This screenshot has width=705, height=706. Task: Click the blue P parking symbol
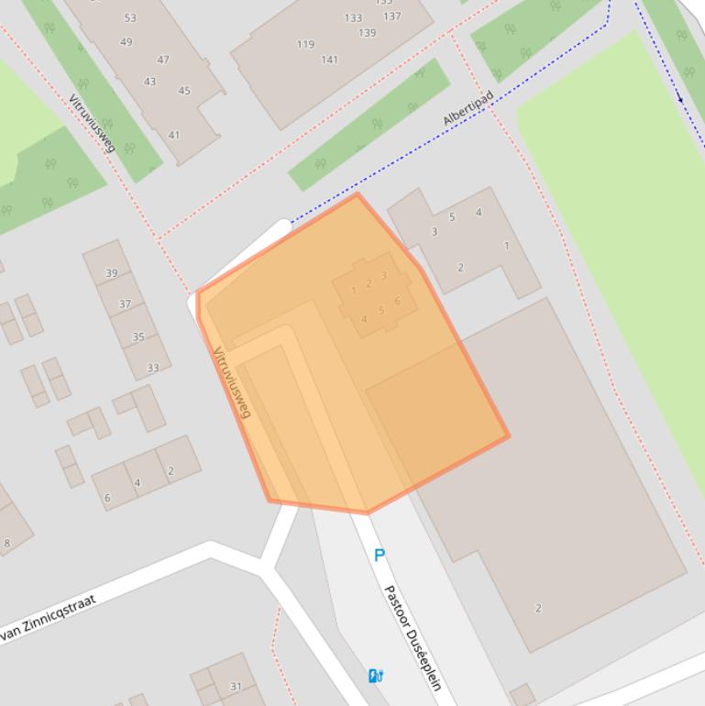380,556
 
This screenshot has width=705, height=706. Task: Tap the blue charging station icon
375,676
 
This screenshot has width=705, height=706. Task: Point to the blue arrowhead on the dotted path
680,96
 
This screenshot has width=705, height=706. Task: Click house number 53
130,18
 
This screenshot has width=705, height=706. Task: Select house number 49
127,41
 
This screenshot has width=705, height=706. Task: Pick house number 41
174,135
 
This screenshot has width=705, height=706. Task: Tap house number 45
184,91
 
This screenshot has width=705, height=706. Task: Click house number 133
353,18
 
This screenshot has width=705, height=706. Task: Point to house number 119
305,44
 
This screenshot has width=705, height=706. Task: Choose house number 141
329,60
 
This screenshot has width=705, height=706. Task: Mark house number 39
112,273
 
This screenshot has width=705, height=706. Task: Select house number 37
125,303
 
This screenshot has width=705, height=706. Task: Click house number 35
138,336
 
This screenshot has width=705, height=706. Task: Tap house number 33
152,368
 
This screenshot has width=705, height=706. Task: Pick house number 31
236,686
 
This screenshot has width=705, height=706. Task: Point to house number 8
7,544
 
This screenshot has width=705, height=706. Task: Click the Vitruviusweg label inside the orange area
231,382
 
